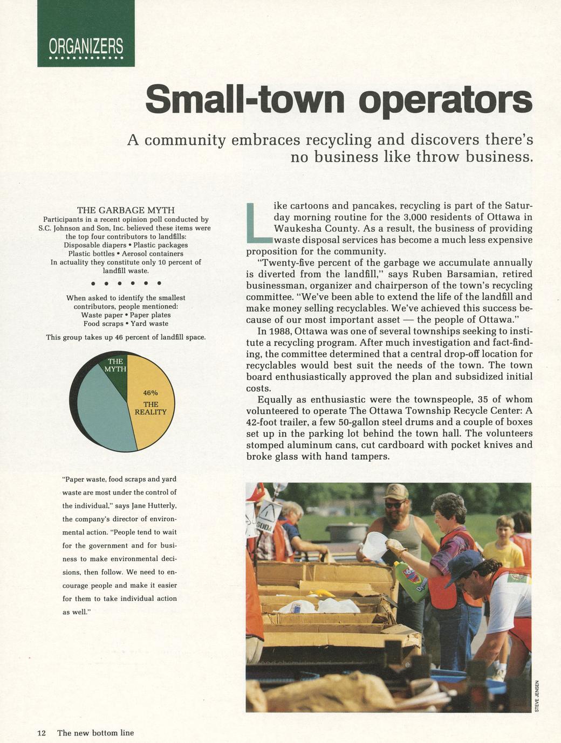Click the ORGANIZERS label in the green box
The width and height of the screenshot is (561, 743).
pyautogui.click(x=86, y=47)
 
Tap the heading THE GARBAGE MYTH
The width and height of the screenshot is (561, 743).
pyautogui.click(x=126, y=210)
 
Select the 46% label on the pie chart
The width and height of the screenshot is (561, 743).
pyautogui.click(x=150, y=393)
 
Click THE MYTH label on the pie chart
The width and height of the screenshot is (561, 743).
pyautogui.click(x=115, y=365)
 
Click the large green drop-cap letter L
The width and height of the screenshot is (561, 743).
pyautogui.click(x=257, y=222)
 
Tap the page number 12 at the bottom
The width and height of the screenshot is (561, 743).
pyautogui.click(x=42, y=733)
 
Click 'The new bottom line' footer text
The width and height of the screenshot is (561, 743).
pyautogui.click(x=95, y=733)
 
